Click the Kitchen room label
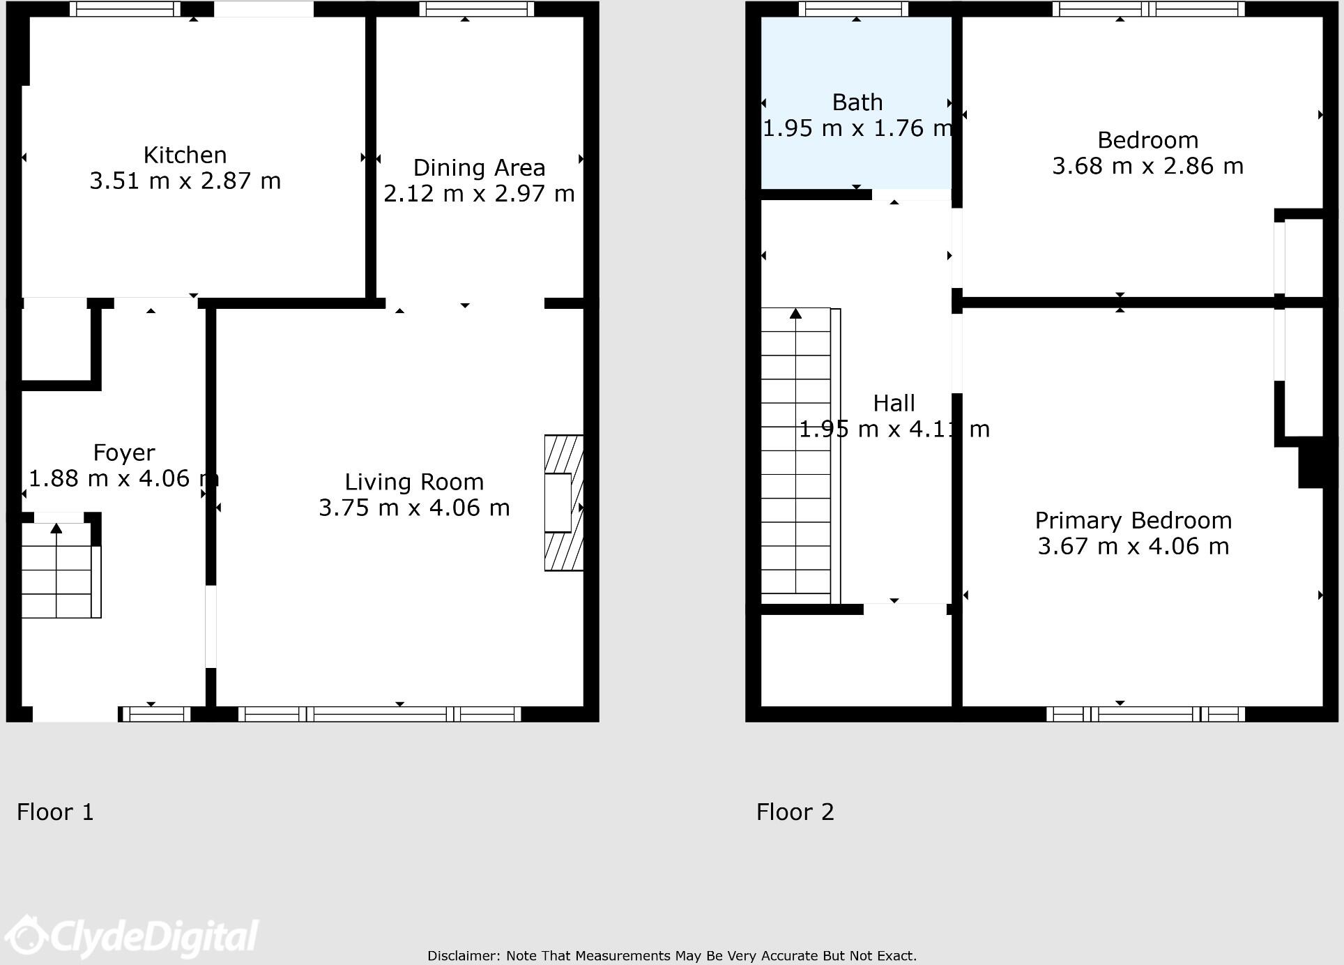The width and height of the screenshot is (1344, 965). click(185, 155)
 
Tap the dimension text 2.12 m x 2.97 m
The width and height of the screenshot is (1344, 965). click(479, 194)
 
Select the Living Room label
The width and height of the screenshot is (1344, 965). click(414, 482)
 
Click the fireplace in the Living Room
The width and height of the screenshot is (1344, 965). click(563, 503)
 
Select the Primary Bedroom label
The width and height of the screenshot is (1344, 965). click(1133, 521)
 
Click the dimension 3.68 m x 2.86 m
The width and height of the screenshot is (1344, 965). click(1147, 167)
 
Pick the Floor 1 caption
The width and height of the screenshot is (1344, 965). click(55, 812)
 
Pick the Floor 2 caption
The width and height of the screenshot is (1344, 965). click(795, 812)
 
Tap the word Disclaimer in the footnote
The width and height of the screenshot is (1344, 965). click(463, 956)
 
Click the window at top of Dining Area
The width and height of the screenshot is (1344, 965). click(477, 9)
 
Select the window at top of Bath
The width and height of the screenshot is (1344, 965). click(853, 9)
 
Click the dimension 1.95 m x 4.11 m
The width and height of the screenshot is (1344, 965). click(894, 430)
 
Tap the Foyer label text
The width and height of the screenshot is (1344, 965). click(124, 453)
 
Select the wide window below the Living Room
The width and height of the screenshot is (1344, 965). click(380, 714)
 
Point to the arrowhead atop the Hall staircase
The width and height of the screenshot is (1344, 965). click(795, 314)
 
